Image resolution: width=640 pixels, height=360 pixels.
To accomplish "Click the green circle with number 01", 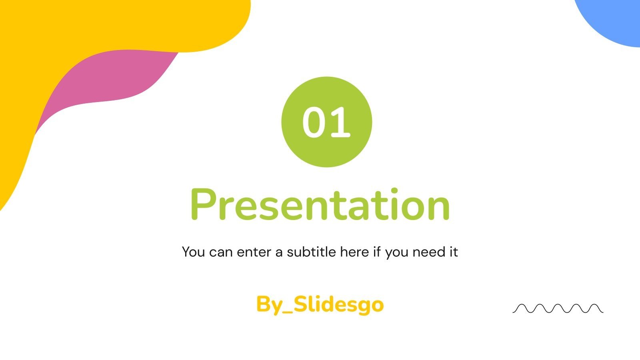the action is pos(326,122).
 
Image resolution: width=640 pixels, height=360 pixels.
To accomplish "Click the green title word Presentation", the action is pos(320,204).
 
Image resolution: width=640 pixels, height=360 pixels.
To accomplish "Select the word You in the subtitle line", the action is pos(194,252).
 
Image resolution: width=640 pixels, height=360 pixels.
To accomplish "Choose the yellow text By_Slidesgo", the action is pos(320,305).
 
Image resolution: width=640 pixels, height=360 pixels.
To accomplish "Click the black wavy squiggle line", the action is pos(558,308).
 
